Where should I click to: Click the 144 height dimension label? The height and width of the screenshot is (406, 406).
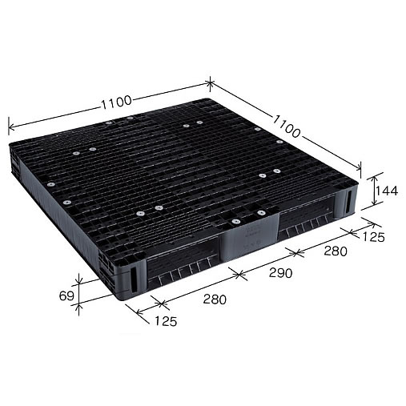pyautogui.click(x=388, y=191)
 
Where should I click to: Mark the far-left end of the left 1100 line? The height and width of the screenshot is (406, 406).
pyautogui.click(x=9, y=125)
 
